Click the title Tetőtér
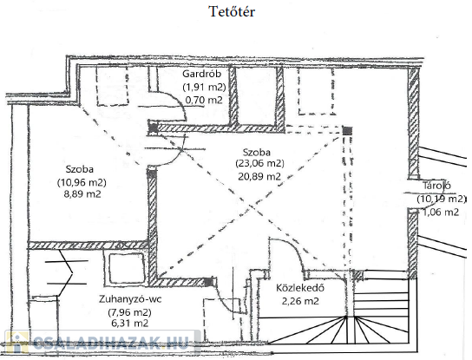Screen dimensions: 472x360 232,12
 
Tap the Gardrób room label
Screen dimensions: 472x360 202,74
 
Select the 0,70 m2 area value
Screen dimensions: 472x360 204,100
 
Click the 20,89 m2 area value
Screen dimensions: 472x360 259,176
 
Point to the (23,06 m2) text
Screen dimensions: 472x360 259,163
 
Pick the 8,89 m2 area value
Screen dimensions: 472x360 82,193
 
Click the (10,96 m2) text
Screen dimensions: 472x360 82,182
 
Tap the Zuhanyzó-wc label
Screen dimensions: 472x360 130,299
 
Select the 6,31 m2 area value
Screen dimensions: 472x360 130,323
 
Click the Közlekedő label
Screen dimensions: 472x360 300,288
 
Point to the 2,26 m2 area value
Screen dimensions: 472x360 300,301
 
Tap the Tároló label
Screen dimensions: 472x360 436,186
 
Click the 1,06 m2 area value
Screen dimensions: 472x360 441,212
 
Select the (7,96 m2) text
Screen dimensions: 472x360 130,312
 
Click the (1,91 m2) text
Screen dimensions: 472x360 205,87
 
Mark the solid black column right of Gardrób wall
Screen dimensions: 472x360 347,131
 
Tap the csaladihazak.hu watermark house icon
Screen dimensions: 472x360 17,343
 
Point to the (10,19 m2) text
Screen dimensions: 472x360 442,199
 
